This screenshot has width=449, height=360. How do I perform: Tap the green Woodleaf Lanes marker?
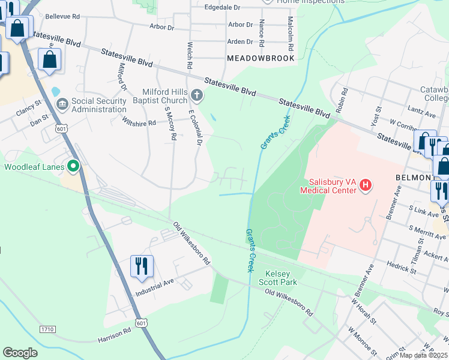(x=73, y=166)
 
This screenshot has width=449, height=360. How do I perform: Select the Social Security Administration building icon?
(x=62, y=105)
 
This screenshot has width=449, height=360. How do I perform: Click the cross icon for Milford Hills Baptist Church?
(x=196, y=95)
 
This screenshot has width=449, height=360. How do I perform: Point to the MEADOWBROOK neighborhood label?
(x=261, y=58)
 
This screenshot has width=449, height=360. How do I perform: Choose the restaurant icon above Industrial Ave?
(x=142, y=266)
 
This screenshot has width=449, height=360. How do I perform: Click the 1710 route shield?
(x=47, y=329)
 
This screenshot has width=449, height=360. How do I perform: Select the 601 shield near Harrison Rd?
(x=141, y=323)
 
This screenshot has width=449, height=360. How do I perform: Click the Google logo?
(x=20, y=353)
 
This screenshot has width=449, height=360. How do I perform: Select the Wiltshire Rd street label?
(x=139, y=122)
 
